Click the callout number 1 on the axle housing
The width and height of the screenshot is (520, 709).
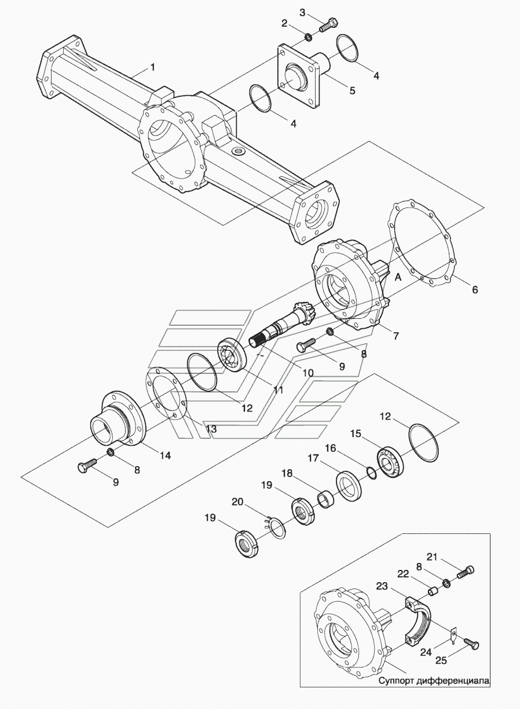[x=153, y=67]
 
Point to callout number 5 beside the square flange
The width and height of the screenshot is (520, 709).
[x=353, y=90]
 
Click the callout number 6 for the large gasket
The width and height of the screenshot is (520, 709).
[x=475, y=289]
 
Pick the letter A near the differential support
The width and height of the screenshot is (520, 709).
[x=398, y=277]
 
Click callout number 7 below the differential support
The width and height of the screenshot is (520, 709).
[x=396, y=336]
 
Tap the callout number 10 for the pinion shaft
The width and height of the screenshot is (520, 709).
[x=307, y=373]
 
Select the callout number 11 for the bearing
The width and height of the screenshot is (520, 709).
[x=278, y=390]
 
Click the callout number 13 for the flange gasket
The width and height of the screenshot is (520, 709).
[x=211, y=429]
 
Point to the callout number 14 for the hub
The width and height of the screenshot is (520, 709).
[x=165, y=456]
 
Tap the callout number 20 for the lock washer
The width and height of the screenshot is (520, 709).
[x=238, y=501]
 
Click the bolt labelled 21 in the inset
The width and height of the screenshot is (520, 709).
[x=466, y=572]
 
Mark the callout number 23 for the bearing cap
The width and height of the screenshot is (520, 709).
[x=382, y=586]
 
